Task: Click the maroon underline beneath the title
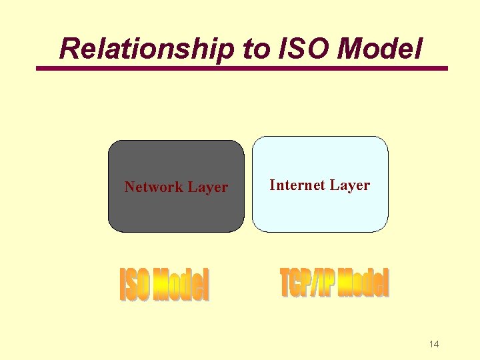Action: coord(242,68)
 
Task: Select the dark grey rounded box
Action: coord(176,213)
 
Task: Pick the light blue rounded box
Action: coord(320,210)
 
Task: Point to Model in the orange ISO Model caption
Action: coord(180,285)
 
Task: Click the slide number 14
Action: coord(434,344)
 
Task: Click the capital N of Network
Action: coord(129,187)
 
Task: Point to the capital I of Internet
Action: coord(272,185)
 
